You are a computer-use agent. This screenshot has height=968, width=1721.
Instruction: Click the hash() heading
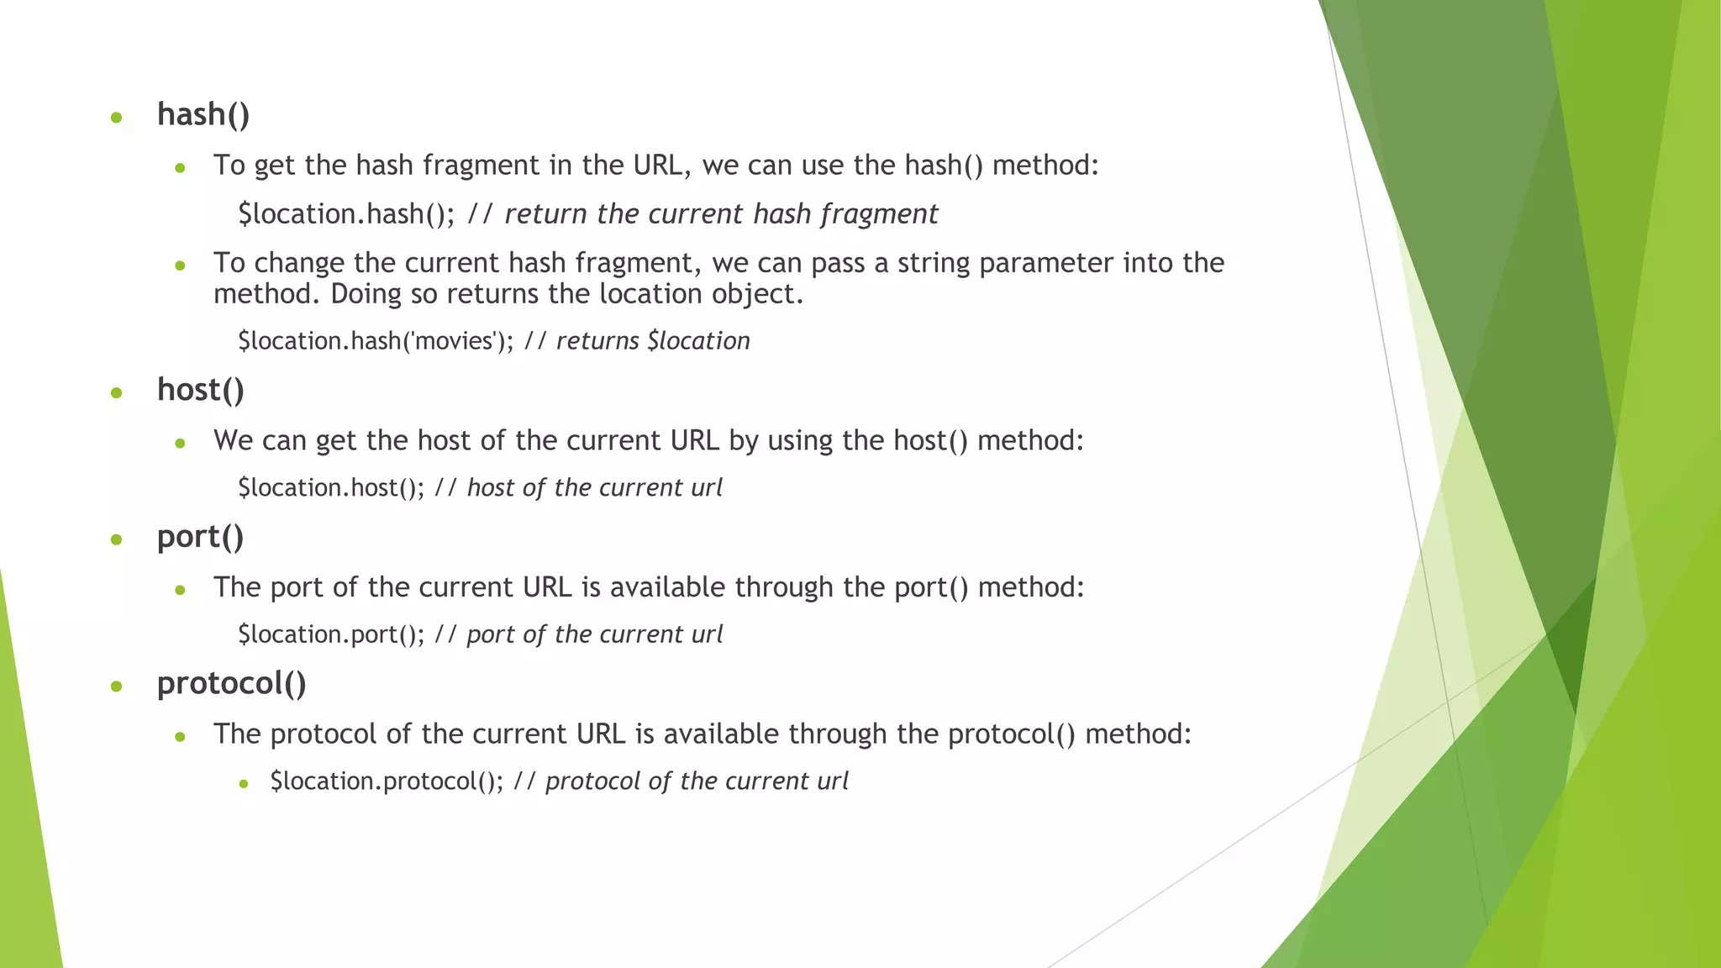coord(203,114)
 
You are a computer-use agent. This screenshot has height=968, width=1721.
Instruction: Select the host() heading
coord(201,390)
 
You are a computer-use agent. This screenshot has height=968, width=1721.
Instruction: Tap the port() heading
coord(200,537)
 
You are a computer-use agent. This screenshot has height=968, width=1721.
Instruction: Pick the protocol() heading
coord(231,683)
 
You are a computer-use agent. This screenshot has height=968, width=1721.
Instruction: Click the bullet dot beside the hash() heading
coord(117,118)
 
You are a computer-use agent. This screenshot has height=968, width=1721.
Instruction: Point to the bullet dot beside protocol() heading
coord(117,687)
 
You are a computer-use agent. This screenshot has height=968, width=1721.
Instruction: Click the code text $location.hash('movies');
coord(375,341)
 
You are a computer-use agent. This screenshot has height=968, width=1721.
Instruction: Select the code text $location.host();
coord(331,488)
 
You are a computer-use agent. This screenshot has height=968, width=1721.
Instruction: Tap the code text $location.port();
coord(331,634)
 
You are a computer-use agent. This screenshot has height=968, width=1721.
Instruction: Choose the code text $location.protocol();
coord(387,781)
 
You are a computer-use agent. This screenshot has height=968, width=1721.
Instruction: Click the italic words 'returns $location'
coord(653,341)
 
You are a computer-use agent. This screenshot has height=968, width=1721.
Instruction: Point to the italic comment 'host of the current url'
coord(594,488)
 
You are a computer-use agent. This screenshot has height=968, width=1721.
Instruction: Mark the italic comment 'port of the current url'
coord(594,634)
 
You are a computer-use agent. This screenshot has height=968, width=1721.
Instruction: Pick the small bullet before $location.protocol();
coord(244,784)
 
